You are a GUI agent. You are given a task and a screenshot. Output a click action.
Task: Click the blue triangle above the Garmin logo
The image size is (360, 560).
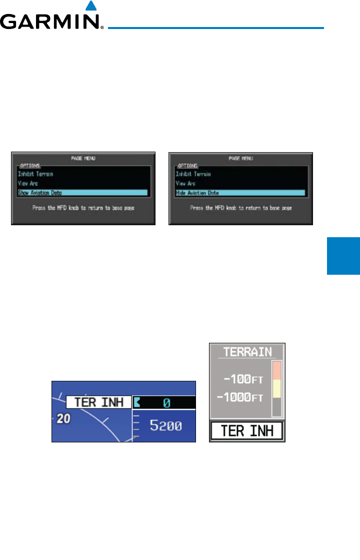tap(90, 6)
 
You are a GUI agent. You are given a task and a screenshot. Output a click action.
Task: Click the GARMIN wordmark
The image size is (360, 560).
tap(51, 23)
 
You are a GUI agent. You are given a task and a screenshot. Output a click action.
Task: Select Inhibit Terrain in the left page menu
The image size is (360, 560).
tap(35, 174)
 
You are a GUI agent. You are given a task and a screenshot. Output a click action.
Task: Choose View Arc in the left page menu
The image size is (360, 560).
tap(27, 183)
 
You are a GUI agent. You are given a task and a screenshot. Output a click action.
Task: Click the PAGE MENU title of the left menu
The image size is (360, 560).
tap(83, 158)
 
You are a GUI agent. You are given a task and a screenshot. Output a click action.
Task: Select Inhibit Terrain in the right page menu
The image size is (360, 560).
tap(193, 174)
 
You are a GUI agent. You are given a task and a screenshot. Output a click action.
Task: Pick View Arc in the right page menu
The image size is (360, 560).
tap(185, 183)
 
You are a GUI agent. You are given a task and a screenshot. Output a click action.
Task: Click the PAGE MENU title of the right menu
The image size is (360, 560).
tap(240, 158)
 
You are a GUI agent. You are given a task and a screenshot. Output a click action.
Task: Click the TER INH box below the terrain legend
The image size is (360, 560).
tap(246, 431)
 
